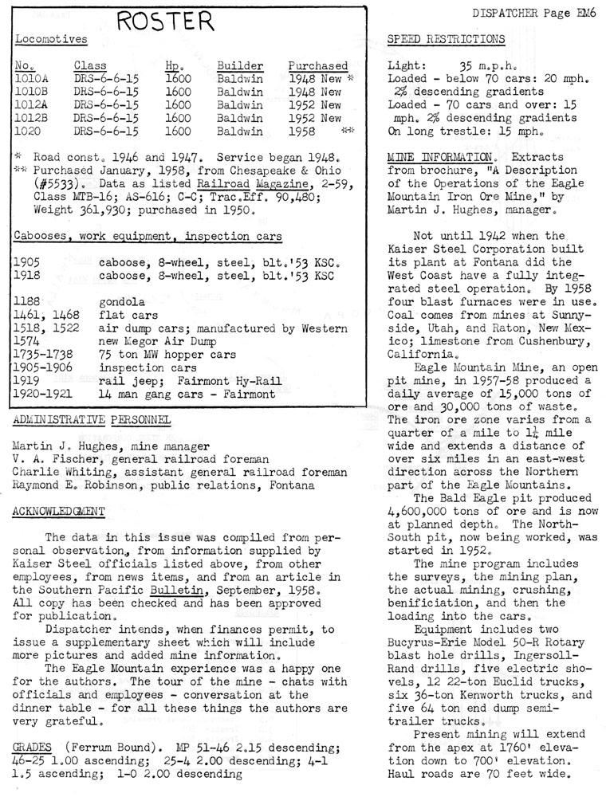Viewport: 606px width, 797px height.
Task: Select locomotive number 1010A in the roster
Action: click(30, 79)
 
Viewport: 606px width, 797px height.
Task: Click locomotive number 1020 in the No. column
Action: click(28, 131)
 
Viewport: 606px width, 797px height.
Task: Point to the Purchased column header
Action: click(318, 65)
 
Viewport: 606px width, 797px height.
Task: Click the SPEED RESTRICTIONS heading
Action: click(445, 39)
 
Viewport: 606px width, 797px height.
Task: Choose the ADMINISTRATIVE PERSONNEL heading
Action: click(92, 419)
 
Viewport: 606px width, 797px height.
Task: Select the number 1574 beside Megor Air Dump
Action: click(28, 341)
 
